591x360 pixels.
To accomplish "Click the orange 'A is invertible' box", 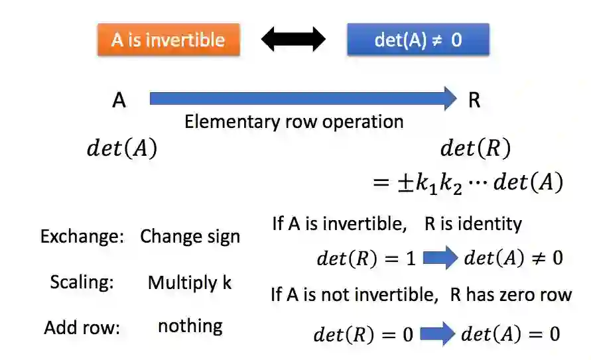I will (168, 39).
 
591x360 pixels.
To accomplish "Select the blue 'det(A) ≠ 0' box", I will (418, 39).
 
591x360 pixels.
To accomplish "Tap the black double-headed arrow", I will (293, 40).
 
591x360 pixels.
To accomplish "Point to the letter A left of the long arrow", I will (119, 100).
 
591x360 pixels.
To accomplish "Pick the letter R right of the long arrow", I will (474, 100).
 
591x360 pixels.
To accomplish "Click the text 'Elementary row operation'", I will (294, 122).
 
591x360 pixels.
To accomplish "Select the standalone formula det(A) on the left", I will (122, 149).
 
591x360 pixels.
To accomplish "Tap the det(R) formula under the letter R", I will (476, 149).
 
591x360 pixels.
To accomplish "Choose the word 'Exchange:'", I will (82, 237).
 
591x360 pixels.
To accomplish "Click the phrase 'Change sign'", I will (190, 237).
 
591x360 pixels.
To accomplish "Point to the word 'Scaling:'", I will (82, 282).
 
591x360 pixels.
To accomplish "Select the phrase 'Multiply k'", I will (190, 282).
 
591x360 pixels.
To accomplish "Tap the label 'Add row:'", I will (82, 327).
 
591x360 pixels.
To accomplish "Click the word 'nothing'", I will (190, 326).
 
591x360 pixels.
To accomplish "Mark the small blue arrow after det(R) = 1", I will (440, 258).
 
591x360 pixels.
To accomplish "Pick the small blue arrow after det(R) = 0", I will (437, 334).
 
